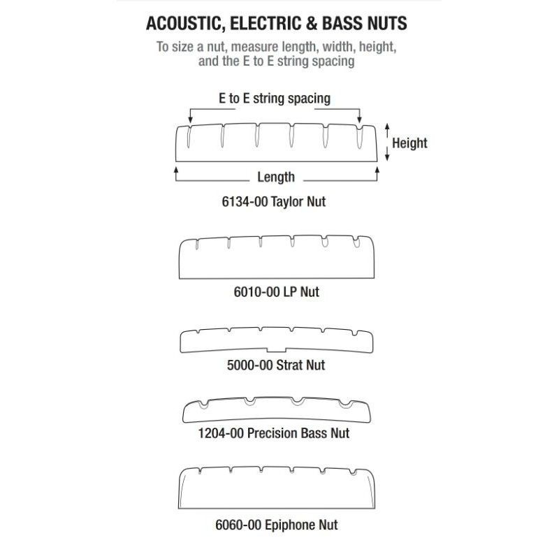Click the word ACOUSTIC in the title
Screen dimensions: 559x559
pos(185,24)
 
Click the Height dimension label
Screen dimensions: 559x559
pos(409,143)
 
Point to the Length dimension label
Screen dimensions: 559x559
pos(276,177)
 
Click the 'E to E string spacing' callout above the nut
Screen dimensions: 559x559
pos(275,99)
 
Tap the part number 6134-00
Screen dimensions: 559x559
pos(245,202)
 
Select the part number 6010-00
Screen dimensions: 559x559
pos(256,292)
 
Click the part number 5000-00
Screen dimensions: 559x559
pos(250,365)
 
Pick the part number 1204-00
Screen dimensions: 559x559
pos(221,433)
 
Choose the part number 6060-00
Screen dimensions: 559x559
pos(238,525)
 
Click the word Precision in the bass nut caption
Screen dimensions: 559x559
pos(273,433)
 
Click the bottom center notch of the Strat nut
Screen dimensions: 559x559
pos(276,350)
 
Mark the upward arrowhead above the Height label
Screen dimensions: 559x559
pos(388,126)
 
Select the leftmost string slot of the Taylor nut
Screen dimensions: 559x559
pos(189,136)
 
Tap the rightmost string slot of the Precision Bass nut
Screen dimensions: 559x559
pos(345,405)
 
